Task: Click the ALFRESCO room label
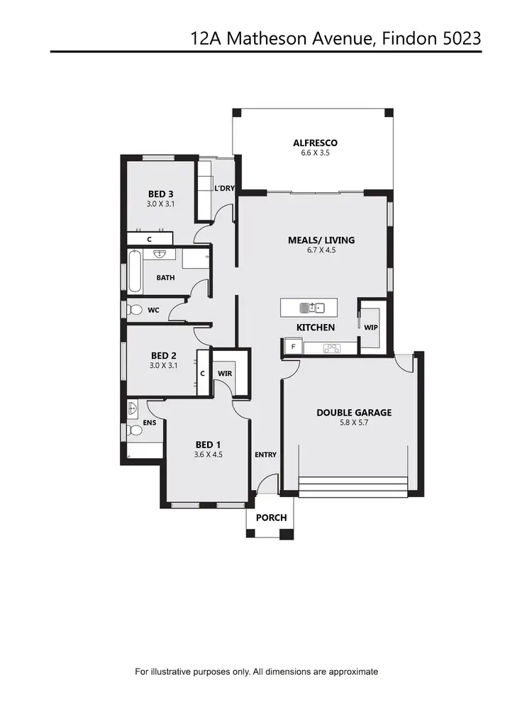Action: point(311,143)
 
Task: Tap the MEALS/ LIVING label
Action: point(321,240)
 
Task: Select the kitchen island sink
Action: point(312,308)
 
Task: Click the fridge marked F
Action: point(292,347)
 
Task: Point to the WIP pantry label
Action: point(370,328)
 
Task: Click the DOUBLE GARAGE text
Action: point(354,413)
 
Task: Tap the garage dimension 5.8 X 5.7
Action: point(354,423)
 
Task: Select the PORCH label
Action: point(271,518)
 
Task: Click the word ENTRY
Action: point(265,454)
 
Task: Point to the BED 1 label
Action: point(208,445)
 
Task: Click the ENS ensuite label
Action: point(150,423)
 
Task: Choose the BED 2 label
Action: point(163,356)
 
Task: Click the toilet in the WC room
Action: point(135,309)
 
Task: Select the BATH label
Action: point(165,278)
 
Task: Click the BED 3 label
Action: point(161,194)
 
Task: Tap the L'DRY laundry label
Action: point(224,188)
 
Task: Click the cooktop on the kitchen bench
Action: point(332,347)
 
